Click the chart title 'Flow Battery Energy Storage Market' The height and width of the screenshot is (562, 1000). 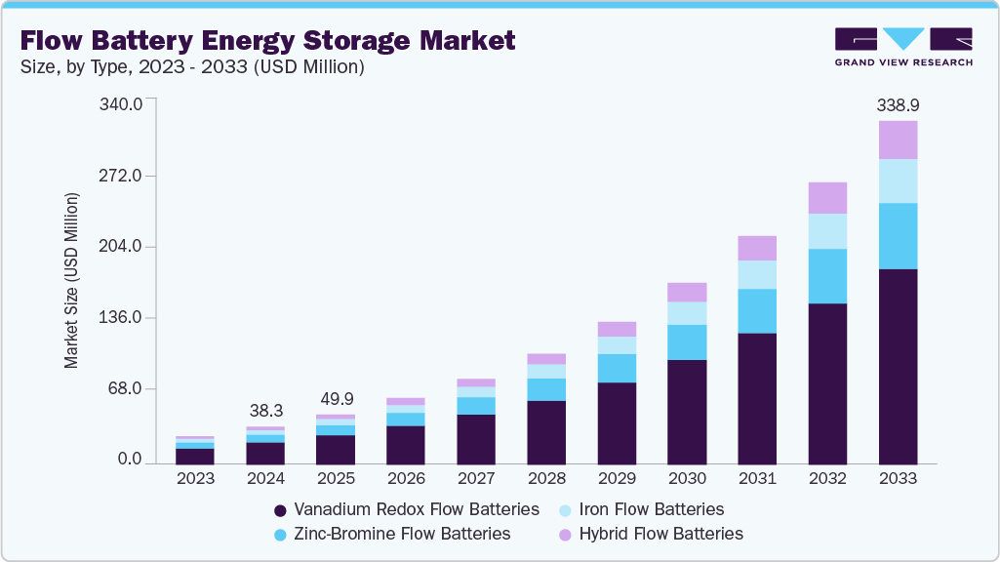(266, 40)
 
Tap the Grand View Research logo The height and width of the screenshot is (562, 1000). (902, 47)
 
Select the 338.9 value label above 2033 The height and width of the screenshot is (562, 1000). (898, 104)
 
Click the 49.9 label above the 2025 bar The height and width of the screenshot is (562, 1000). (336, 399)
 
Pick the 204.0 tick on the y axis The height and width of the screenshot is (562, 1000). (123, 247)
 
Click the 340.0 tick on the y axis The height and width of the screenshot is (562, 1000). (123, 104)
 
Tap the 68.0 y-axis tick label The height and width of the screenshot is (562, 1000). (127, 389)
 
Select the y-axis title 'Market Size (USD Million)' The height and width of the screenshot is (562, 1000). (71, 281)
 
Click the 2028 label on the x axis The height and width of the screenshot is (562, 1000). (546, 478)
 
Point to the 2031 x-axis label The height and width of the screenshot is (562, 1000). (757, 478)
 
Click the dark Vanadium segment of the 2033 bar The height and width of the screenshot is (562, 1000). (898, 366)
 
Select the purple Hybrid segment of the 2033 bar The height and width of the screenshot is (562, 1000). (898, 140)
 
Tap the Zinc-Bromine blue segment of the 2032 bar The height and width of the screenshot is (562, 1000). (827, 276)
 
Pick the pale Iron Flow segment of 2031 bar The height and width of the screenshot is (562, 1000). (757, 274)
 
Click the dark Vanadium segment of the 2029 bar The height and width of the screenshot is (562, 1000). (617, 422)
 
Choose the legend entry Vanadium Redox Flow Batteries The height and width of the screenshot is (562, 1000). (407, 509)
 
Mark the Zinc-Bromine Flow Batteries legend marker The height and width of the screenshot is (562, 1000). (281, 535)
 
